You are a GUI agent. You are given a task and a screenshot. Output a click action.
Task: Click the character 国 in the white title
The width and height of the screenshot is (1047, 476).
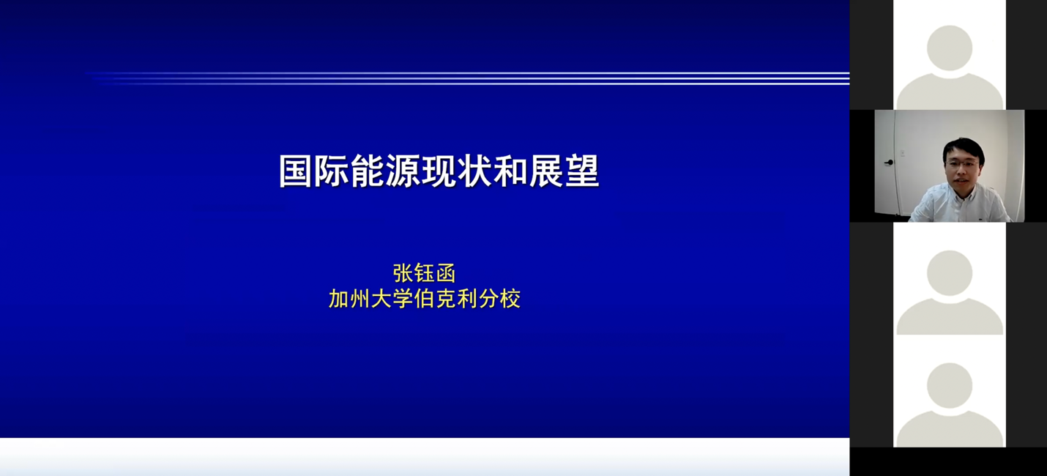coord(296,171)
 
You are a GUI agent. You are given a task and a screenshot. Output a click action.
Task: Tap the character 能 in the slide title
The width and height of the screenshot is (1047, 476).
coord(368,171)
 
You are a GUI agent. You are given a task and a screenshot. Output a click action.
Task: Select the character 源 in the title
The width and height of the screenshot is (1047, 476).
coord(403,171)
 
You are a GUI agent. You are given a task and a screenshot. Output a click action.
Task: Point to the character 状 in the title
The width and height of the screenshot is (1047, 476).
coord(475,171)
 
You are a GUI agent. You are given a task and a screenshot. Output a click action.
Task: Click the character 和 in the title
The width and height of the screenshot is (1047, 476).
coord(510,171)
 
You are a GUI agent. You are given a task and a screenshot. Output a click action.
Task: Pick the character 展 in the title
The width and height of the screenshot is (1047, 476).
coord(546,171)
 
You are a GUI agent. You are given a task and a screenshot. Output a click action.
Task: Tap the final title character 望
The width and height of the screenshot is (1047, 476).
coord(582,171)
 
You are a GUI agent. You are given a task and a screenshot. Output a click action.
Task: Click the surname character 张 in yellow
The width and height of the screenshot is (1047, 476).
coord(403,274)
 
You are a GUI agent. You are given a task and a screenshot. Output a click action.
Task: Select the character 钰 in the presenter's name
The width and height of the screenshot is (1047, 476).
coord(425,274)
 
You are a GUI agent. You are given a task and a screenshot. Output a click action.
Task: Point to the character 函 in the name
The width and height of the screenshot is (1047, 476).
coord(446,274)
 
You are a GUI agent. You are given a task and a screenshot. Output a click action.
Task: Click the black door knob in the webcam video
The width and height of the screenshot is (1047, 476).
coord(889,163)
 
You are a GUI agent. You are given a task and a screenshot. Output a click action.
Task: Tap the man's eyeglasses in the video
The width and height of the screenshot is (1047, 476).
coord(963,163)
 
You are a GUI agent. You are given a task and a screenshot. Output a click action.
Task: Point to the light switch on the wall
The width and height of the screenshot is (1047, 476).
coord(903,152)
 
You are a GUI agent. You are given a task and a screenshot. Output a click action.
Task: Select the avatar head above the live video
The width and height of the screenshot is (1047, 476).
coord(950,48)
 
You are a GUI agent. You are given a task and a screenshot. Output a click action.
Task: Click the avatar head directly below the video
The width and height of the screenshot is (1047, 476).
coord(950,273)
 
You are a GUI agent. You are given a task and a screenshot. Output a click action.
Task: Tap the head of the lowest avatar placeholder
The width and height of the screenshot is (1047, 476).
coord(950,386)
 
